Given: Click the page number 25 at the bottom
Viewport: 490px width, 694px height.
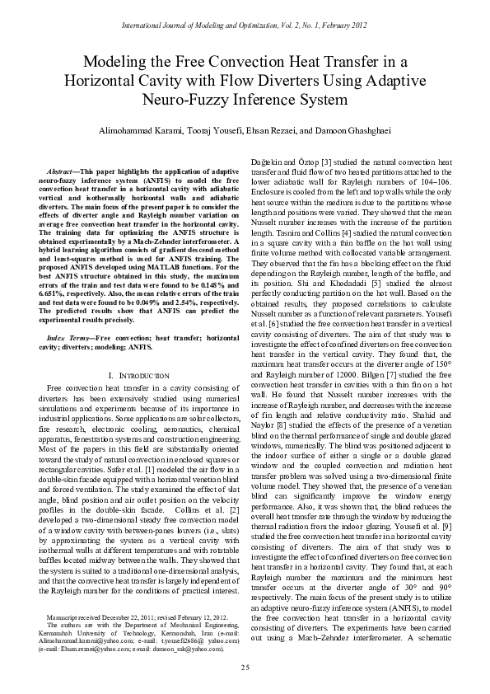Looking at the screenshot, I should (x=245, y=667).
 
